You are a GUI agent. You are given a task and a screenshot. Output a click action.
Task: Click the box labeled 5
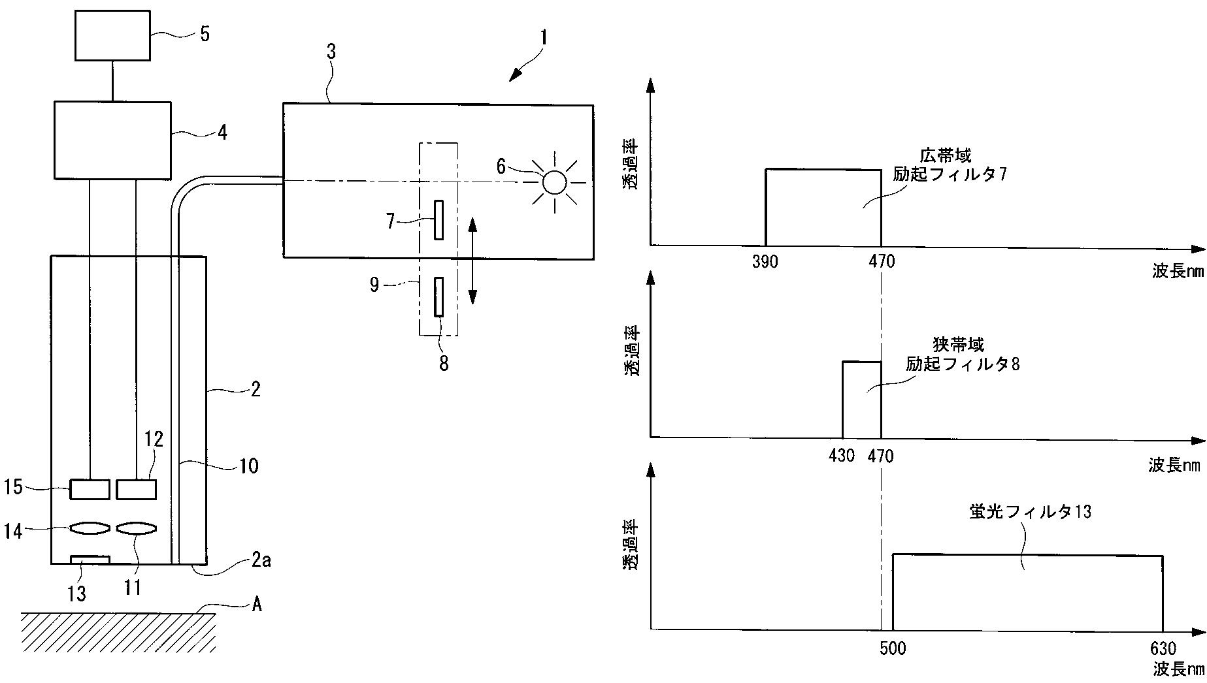[x=113, y=35]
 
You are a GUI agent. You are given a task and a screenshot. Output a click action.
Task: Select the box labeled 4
[x=112, y=140]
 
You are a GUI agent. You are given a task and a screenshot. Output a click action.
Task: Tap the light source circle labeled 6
[x=554, y=182]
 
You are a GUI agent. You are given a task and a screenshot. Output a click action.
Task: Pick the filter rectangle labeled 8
[x=439, y=297]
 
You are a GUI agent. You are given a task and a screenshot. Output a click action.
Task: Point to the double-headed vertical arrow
[x=473, y=261]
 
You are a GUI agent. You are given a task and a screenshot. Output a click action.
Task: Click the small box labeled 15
[x=90, y=489]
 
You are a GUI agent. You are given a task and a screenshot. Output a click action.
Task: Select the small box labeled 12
[x=137, y=489]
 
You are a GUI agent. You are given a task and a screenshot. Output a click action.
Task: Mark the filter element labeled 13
[x=90, y=559]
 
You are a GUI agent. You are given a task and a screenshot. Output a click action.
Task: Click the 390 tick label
[x=765, y=262]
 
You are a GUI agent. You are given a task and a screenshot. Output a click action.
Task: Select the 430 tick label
[x=842, y=455]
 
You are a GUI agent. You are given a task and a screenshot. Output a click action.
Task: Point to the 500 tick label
[x=893, y=648]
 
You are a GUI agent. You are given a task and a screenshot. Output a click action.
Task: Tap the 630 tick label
[x=1163, y=648]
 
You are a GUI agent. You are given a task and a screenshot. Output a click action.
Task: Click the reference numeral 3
[x=331, y=52]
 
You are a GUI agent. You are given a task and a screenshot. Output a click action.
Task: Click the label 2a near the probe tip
[x=261, y=560]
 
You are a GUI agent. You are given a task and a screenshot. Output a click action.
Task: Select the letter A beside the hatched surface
[x=257, y=605]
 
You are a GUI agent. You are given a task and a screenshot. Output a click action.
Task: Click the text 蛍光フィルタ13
[x=1031, y=511]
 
